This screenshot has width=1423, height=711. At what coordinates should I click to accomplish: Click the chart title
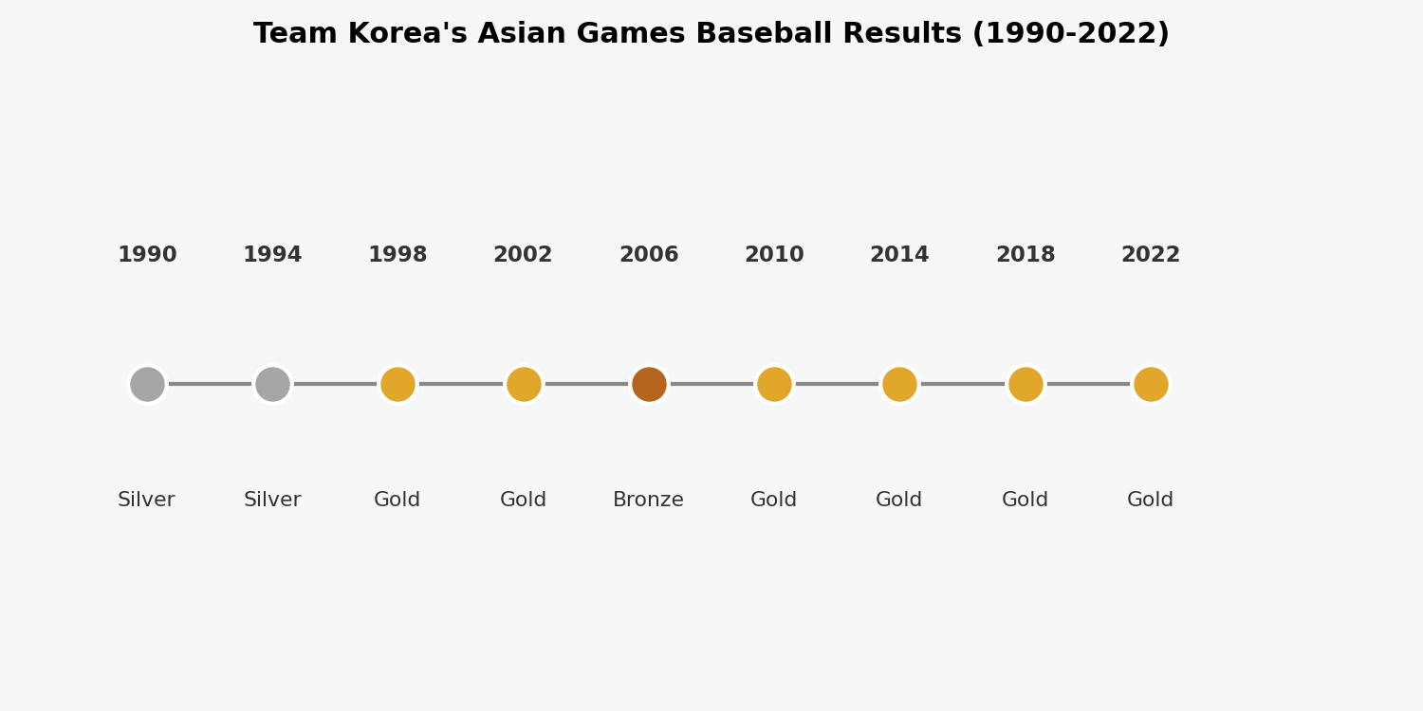point(711,33)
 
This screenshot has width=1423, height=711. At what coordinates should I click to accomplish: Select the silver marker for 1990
point(147,384)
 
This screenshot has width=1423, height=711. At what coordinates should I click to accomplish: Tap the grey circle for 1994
point(272,384)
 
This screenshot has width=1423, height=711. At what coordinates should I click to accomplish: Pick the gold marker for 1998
point(397,384)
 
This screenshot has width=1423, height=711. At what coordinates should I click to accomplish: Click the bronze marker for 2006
point(649,384)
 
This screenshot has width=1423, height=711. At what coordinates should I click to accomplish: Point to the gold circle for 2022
point(1151,384)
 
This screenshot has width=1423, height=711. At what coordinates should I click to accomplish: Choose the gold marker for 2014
point(899,384)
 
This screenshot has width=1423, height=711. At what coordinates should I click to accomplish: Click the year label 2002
point(523,255)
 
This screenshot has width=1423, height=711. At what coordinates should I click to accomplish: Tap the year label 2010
point(774,255)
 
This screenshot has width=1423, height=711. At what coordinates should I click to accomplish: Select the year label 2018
point(1026,255)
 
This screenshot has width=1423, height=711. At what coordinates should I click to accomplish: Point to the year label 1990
point(147,255)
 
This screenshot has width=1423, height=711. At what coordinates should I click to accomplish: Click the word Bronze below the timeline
point(649,500)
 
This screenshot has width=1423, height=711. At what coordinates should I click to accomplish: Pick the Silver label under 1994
point(272,500)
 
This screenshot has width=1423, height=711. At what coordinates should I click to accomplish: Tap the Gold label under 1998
point(397,500)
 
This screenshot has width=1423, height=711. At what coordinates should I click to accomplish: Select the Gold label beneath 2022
point(1151,500)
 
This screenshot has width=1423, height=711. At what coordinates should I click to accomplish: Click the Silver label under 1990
point(146,500)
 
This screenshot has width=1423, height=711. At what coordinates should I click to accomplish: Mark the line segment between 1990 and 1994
point(210,384)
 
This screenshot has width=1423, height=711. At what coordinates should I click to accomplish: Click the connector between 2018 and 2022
point(1088,384)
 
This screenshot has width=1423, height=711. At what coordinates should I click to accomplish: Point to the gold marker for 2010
point(774,384)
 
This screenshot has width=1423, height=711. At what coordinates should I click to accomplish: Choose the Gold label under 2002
point(524,500)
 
